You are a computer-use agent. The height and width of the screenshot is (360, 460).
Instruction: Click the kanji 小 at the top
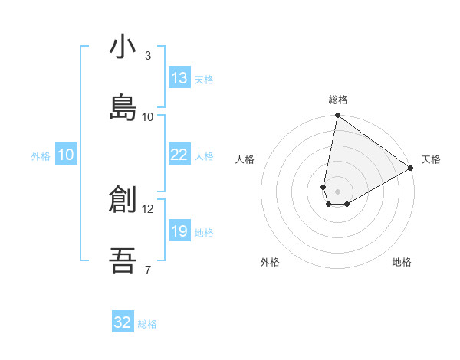tap(123, 47)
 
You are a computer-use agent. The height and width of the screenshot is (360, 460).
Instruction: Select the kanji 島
tap(123, 107)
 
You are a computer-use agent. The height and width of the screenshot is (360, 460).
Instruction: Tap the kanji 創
tap(123, 200)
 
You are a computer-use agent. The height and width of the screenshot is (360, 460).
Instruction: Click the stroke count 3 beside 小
tap(148, 56)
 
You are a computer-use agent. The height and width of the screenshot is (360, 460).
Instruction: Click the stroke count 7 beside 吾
tap(148, 270)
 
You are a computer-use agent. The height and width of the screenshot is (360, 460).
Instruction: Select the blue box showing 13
tap(179, 78)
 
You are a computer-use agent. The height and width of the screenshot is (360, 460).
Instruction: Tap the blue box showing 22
tap(179, 155)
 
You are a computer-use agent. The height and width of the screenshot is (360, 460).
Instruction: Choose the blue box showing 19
tap(179, 231)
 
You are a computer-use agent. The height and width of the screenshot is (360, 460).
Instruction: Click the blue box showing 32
tap(123, 322)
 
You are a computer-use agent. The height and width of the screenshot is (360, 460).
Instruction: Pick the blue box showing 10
tap(66, 155)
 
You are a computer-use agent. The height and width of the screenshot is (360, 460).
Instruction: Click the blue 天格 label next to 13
tap(204, 80)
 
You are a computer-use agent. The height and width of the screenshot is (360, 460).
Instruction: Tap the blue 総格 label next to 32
tap(147, 324)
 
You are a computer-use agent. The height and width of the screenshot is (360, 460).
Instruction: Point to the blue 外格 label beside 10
tap(41, 156)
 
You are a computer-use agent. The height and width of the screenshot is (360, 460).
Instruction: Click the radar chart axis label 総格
tap(338, 100)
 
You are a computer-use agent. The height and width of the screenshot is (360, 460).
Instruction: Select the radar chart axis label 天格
tap(431, 159)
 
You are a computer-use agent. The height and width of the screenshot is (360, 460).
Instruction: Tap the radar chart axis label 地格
tap(402, 263)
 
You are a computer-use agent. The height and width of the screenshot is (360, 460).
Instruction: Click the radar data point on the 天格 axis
tap(411, 168)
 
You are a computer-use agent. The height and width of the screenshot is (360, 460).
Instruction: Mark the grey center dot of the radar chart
tap(338, 191)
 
